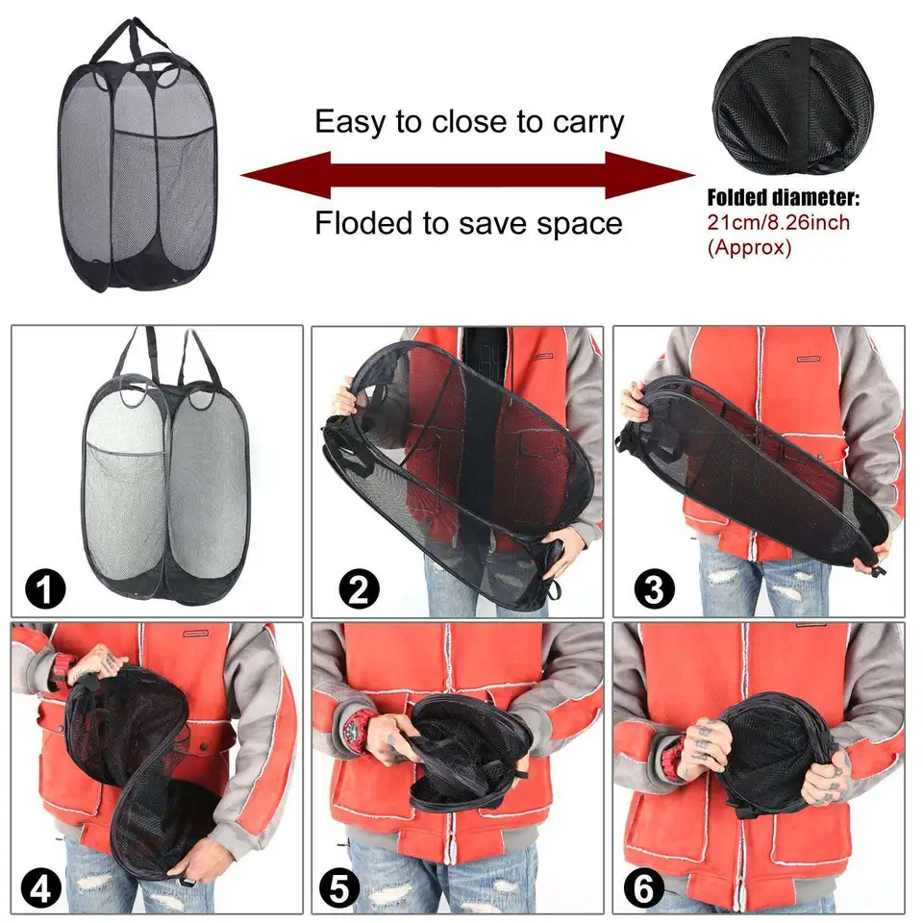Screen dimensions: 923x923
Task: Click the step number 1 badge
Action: (x=45, y=588)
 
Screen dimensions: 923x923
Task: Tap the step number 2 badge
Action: (x=359, y=588)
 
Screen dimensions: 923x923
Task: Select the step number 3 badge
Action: (x=654, y=588)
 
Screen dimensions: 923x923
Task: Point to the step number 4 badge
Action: (x=40, y=887)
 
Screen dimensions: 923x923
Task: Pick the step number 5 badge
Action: (x=339, y=887)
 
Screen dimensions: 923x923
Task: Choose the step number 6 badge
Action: (x=644, y=887)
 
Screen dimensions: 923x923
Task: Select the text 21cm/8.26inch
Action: (x=778, y=222)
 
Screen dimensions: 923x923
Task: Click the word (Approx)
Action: (x=749, y=247)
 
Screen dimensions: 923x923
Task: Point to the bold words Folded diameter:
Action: (x=783, y=198)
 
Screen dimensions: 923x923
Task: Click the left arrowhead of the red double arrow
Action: (x=286, y=175)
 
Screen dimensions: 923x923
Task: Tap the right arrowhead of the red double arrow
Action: (x=651, y=175)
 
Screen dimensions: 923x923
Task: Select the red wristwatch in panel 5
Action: (x=356, y=728)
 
